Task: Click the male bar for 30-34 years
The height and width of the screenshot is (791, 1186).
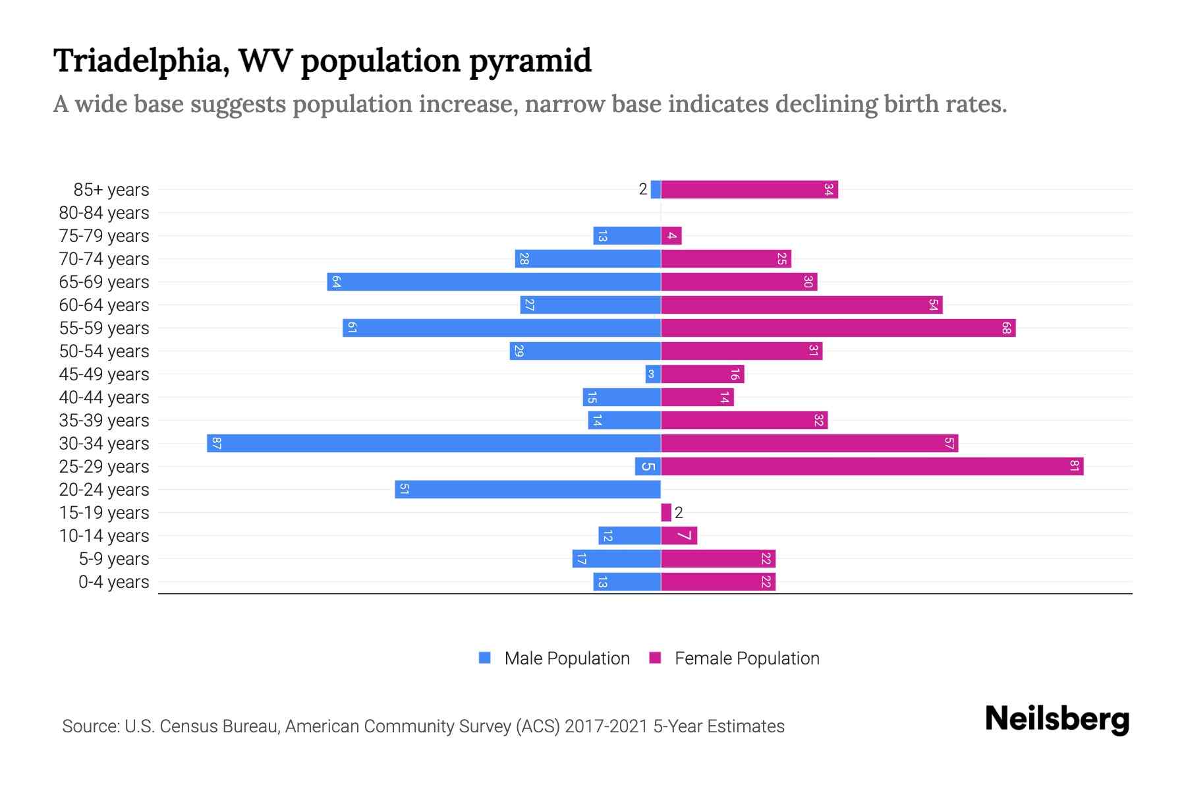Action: (x=434, y=443)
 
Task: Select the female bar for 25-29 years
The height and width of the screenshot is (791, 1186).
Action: (x=872, y=466)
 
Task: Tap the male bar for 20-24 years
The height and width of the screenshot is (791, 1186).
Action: (x=528, y=489)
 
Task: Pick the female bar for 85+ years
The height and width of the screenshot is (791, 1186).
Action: (x=749, y=189)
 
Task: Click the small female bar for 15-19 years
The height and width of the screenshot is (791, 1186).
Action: (x=666, y=512)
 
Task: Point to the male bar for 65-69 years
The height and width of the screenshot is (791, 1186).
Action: (x=494, y=281)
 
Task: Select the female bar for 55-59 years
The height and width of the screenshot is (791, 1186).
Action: (x=838, y=328)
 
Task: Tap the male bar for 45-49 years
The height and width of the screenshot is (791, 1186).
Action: (x=653, y=374)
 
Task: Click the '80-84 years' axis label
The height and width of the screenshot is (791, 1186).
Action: (x=104, y=212)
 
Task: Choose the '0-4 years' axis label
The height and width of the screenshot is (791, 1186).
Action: (x=113, y=581)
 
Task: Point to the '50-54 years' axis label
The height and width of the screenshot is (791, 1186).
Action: (x=104, y=351)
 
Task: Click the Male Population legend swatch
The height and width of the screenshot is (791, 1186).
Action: (x=485, y=658)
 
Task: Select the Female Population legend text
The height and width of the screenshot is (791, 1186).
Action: (x=747, y=658)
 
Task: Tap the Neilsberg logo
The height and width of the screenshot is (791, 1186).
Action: (x=1057, y=719)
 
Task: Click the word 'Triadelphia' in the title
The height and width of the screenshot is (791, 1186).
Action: (x=141, y=61)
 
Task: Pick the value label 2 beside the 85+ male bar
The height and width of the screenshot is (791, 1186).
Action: (x=643, y=189)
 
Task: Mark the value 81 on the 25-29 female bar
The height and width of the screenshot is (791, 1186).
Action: (x=1074, y=466)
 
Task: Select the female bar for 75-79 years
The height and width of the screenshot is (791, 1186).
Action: (x=671, y=235)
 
